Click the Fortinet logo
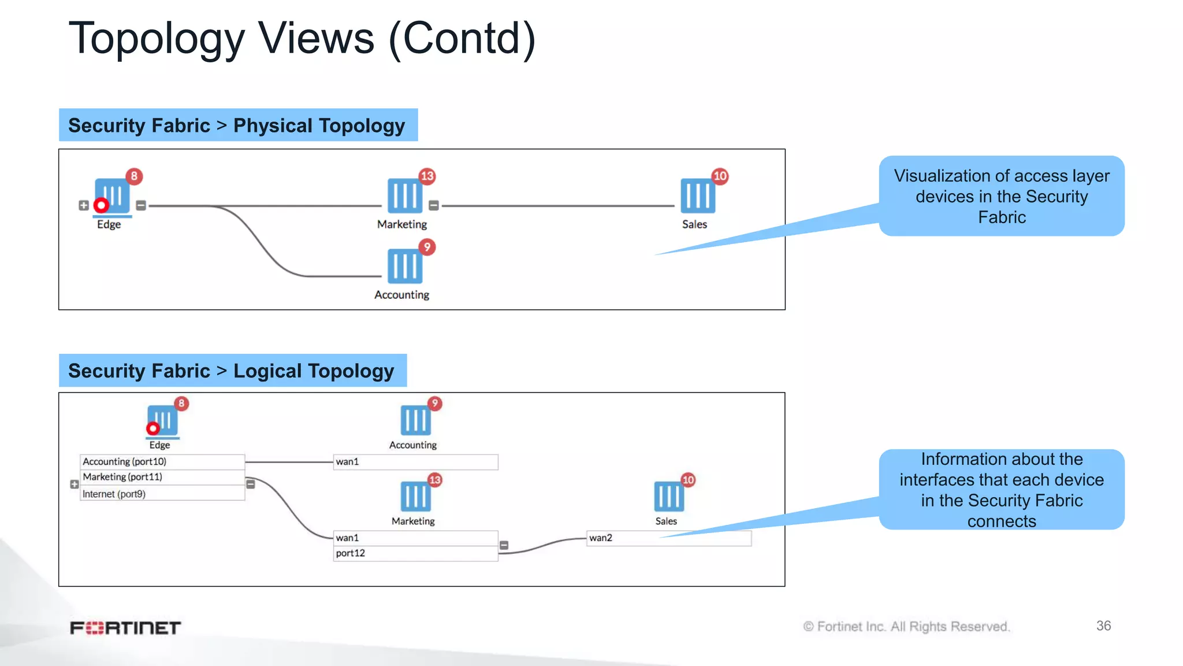[x=125, y=627]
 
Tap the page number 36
[x=1103, y=626]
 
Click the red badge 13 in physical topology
[x=427, y=176]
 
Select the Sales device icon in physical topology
[x=697, y=196]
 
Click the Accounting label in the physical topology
[x=401, y=295]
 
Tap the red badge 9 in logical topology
[x=434, y=404]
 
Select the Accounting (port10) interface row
[x=162, y=461]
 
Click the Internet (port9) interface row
[x=162, y=494]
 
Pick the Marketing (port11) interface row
[x=162, y=477]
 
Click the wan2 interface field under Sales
[x=669, y=538]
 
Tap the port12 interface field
[x=415, y=553]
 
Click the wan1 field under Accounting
[x=415, y=461]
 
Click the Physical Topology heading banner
[x=238, y=125]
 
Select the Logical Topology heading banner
[x=232, y=371]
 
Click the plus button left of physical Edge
[x=84, y=205]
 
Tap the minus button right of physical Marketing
[x=434, y=205]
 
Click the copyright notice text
[x=906, y=626]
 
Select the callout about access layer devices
[x=1002, y=196]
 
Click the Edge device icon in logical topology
[x=162, y=420]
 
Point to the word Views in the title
[x=316, y=38]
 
